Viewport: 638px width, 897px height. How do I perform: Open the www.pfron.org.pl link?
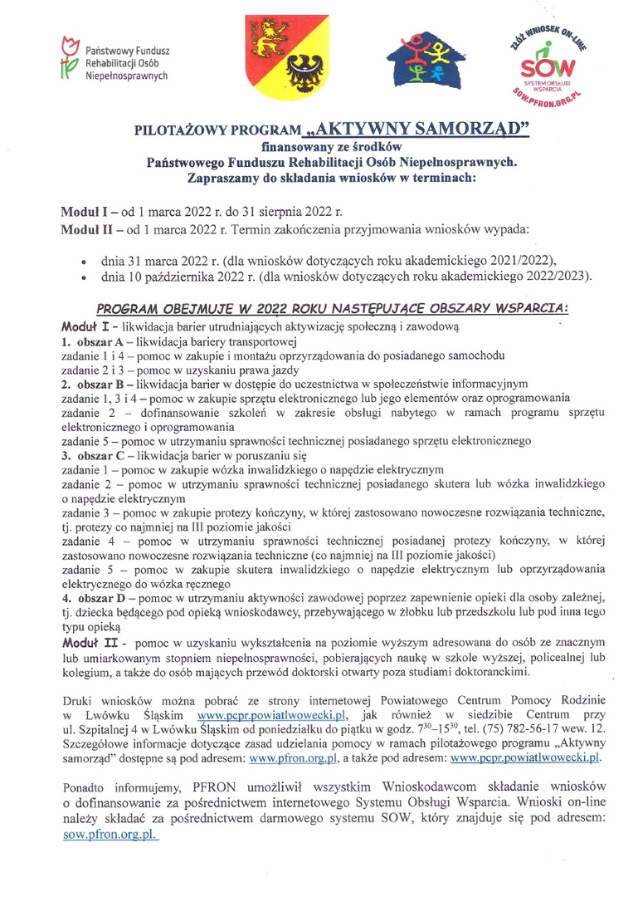[301, 757]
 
